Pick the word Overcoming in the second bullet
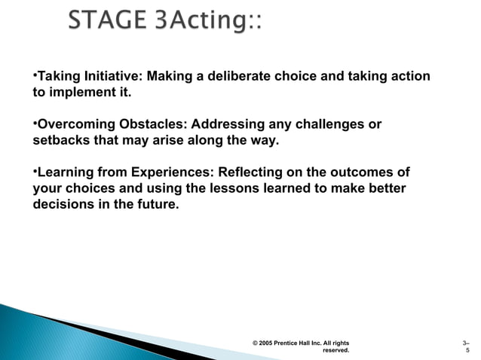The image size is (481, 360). (x=72, y=124)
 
